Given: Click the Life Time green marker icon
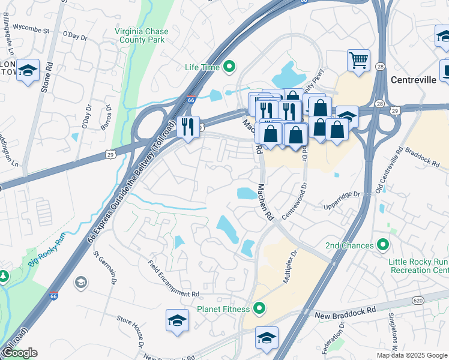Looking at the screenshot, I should click(x=228, y=67).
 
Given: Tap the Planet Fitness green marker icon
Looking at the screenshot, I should click(x=259, y=310).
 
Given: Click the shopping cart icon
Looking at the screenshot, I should click(x=358, y=60).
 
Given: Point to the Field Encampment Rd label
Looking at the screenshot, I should click(x=173, y=277).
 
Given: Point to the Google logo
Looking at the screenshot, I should click(x=20, y=353).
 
